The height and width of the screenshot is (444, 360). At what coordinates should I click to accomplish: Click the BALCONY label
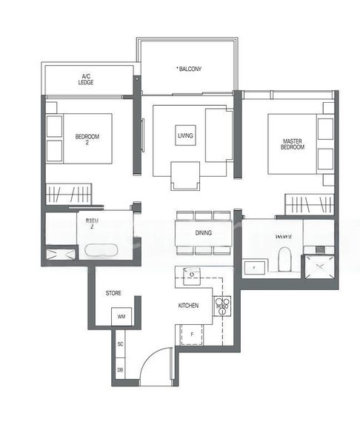(190, 69)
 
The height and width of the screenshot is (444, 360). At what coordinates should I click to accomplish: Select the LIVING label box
(185, 136)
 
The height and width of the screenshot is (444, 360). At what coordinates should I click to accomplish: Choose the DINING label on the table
(204, 232)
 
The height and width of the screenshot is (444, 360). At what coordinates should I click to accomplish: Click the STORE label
(113, 294)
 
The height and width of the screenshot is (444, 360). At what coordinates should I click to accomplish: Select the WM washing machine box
(121, 317)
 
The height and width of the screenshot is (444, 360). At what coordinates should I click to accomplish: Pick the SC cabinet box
(120, 345)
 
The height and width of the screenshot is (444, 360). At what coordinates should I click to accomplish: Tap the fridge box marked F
(190, 334)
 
